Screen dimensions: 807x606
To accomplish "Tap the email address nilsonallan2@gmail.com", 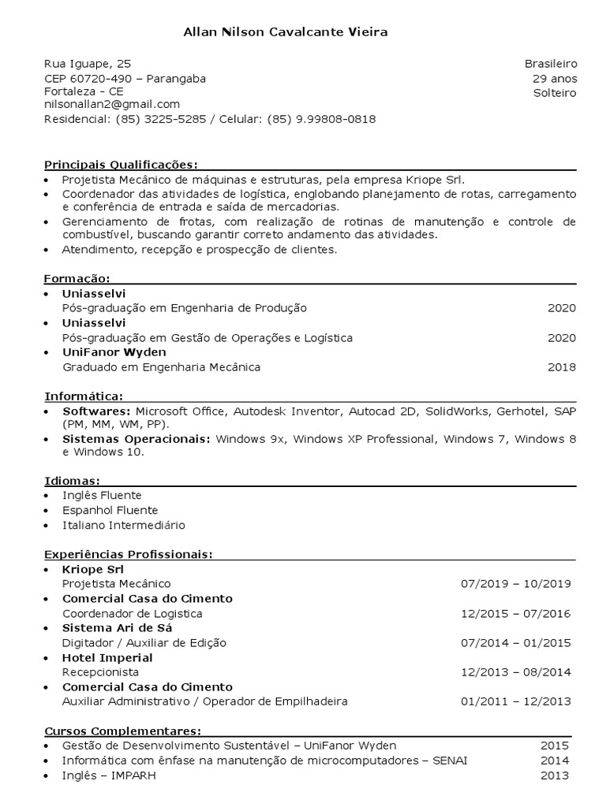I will point(112,104).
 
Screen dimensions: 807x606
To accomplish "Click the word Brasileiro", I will point(551,63).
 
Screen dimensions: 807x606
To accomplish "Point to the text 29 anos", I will point(555,78).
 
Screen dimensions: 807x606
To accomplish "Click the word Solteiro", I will point(555,93).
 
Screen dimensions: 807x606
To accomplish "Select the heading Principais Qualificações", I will point(120,165).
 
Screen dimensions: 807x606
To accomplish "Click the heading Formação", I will point(76,279).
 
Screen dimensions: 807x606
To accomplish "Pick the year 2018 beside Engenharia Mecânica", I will point(562,367).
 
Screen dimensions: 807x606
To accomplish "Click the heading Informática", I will point(83,396).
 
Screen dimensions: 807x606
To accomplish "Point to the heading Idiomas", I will point(71,481).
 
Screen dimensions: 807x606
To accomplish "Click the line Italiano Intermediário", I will point(124,525).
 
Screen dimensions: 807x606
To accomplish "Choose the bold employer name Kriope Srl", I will point(93,569).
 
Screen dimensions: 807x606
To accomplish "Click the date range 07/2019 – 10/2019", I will point(516,584).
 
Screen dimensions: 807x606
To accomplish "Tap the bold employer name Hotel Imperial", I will point(107,657).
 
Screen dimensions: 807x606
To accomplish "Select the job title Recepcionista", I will point(100,672).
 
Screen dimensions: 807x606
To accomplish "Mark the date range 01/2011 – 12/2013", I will point(516,701).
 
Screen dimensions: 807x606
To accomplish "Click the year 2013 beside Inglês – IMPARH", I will point(555,775).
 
